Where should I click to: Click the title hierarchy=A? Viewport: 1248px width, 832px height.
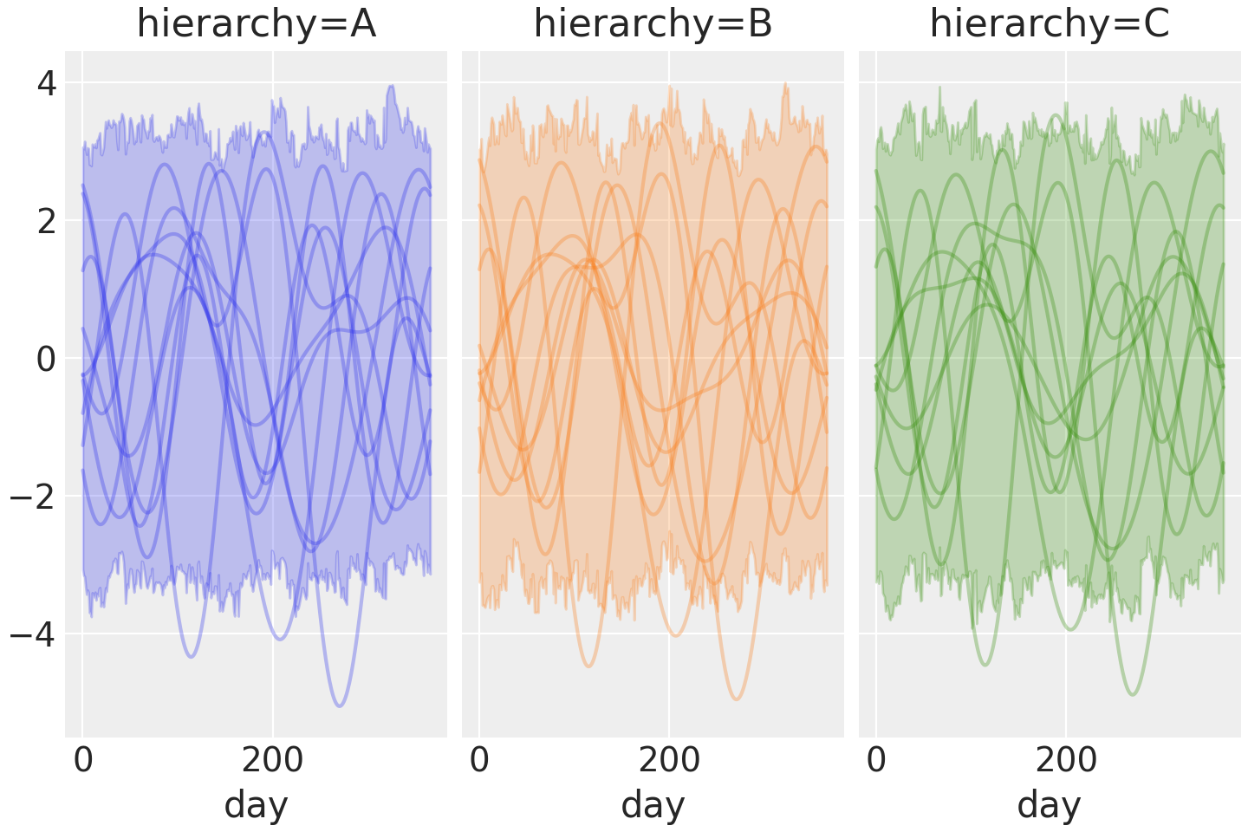(256, 24)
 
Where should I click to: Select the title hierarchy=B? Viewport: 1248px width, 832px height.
(653, 24)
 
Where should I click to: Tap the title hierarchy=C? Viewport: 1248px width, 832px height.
(1050, 24)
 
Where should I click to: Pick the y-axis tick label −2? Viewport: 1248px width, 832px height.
(35, 497)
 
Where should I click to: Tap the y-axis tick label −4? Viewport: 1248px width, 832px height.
(35, 634)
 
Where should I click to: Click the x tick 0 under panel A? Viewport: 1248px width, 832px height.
(83, 760)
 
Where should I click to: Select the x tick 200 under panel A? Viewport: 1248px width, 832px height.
(273, 760)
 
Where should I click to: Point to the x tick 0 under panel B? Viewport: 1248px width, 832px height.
(479, 760)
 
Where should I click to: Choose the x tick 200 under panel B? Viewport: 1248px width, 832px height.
(669, 760)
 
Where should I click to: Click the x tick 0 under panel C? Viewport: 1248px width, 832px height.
(876, 760)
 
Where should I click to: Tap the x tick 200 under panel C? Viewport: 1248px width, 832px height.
(1066, 760)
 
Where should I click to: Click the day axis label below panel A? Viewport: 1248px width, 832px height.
(256, 805)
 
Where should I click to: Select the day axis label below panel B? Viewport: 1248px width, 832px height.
(653, 805)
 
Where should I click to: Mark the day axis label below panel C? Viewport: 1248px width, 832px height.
(1050, 805)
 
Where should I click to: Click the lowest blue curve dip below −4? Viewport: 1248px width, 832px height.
(339, 705)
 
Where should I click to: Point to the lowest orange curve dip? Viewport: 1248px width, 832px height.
(736, 699)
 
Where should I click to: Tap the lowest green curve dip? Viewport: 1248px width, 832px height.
(1132, 694)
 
